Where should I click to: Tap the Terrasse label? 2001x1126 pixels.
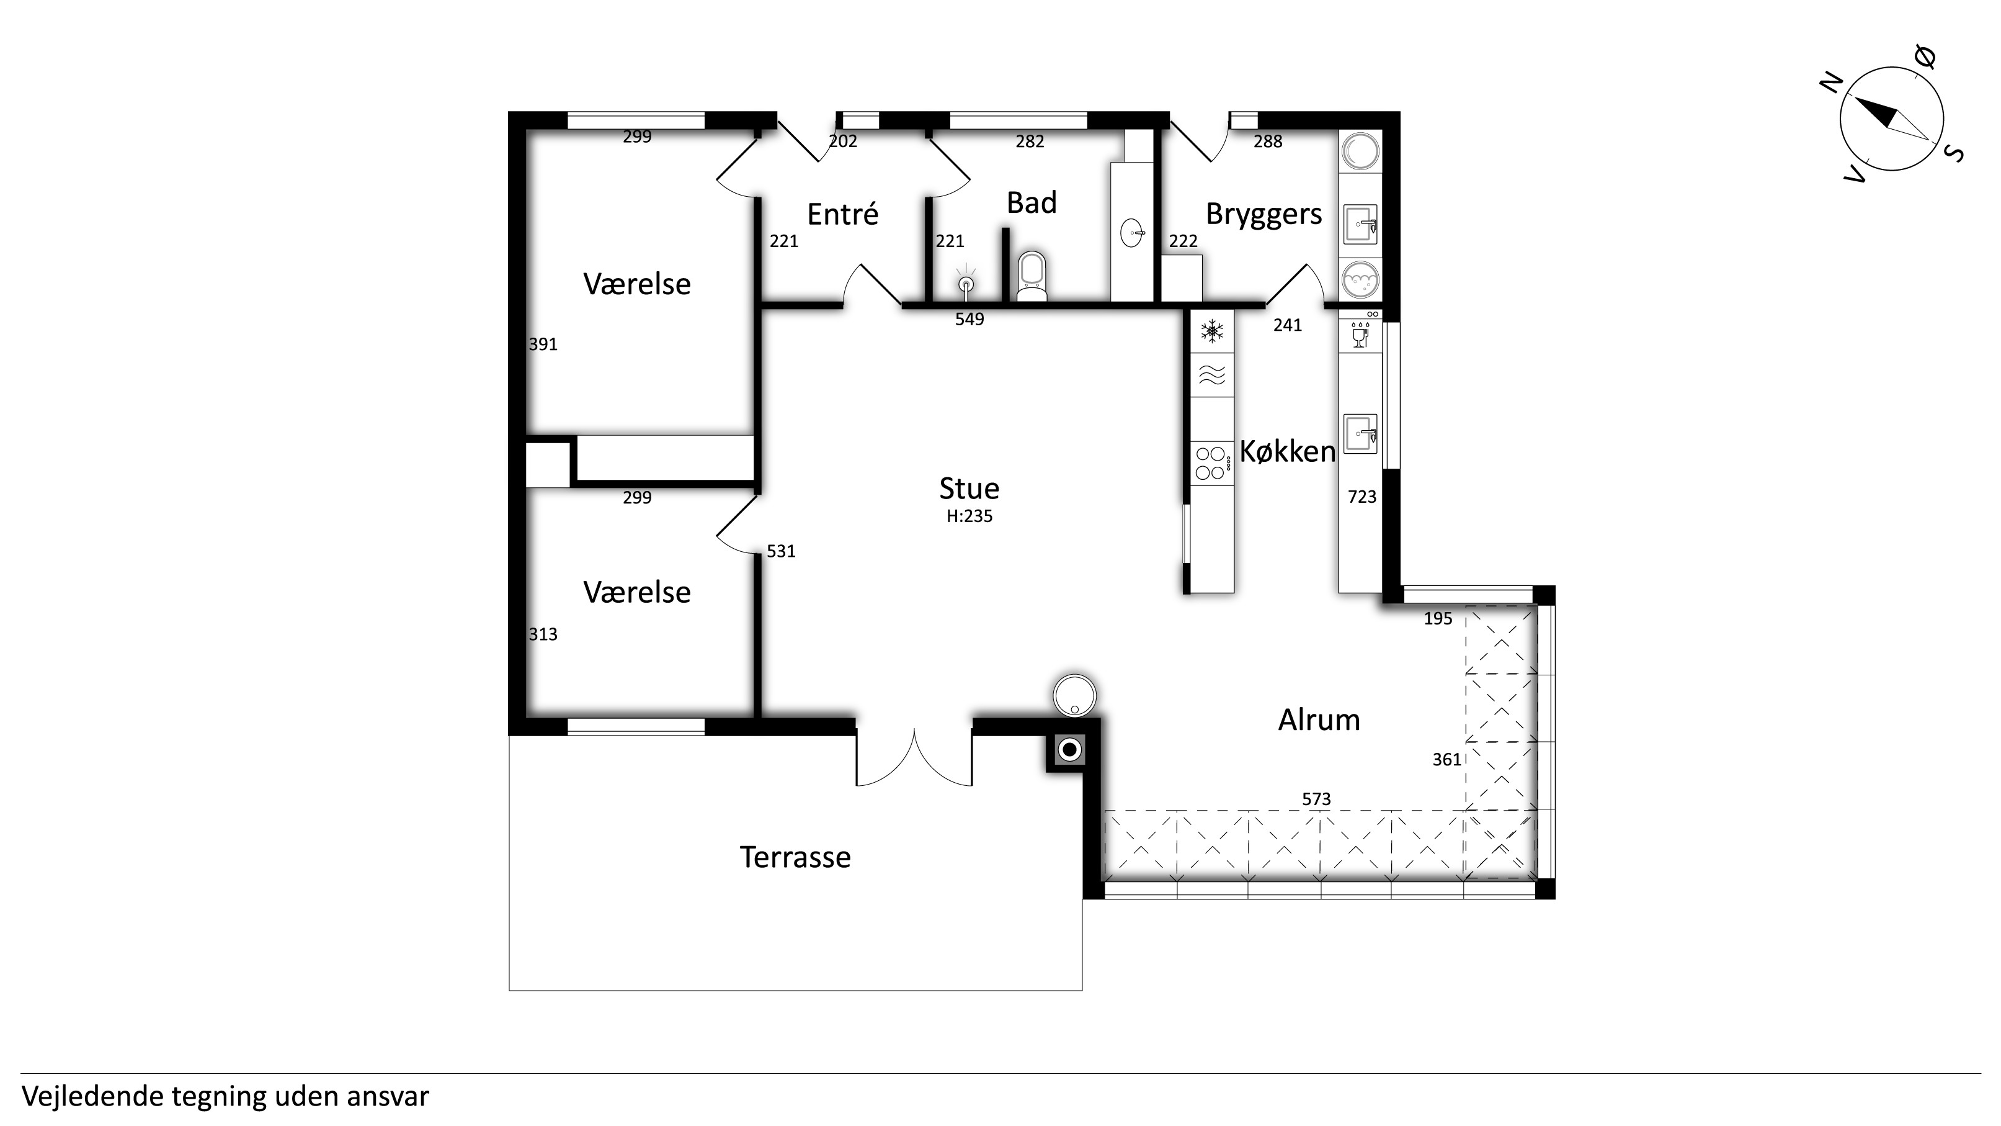795,857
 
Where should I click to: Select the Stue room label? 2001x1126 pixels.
969,488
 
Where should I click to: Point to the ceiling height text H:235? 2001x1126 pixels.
969,516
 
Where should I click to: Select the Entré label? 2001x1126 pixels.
843,214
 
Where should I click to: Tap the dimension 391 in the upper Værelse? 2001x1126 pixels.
543,345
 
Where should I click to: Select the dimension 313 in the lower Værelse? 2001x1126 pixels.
543,634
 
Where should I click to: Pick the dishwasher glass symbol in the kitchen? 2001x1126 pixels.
1360,334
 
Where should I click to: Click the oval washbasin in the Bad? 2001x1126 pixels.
1133,232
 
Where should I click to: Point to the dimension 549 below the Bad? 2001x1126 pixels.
969,318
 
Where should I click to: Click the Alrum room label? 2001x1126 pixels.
1319,721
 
